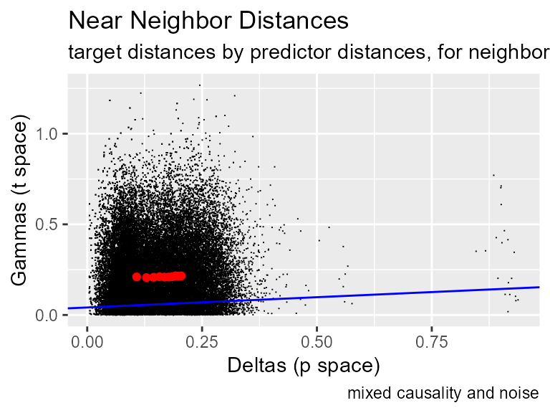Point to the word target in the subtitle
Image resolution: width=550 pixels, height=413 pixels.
[90, 53]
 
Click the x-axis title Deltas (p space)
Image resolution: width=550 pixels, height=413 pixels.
[303, 366]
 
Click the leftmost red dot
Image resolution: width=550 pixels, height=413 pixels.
[136, 277]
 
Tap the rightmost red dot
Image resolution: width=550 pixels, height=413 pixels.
[182, 275]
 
